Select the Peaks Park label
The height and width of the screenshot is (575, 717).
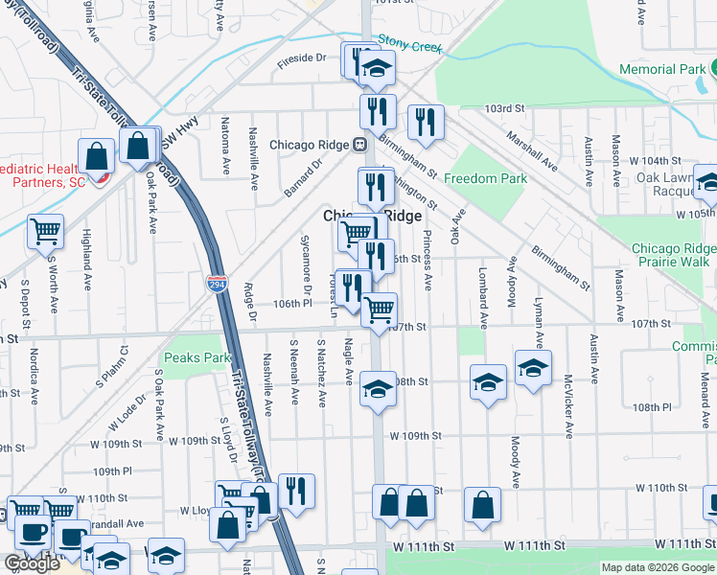point(197,357)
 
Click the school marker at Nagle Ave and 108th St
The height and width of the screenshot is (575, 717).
point(378,389)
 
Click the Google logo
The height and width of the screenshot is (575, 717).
point(32,563)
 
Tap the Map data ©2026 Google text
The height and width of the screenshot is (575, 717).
point(658,567)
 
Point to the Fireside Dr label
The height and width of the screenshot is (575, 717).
point(302,57)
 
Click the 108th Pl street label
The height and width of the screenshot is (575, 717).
point(652,407)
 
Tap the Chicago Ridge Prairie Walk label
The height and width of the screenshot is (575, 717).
point(670,255)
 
